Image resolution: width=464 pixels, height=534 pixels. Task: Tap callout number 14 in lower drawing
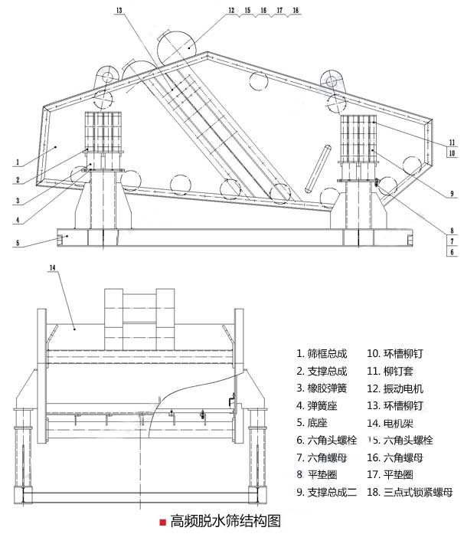(52, 267)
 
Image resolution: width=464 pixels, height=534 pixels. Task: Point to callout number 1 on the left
(16, 162)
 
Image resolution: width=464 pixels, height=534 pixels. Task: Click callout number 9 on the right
(453, 193)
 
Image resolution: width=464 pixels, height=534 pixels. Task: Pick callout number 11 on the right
(453, 143)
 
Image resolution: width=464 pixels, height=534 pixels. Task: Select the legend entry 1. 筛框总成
(322, 354)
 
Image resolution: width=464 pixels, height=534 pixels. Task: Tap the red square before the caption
(162, 522)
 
